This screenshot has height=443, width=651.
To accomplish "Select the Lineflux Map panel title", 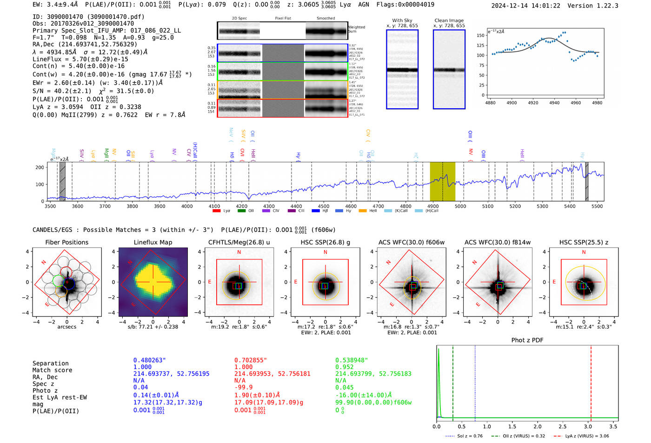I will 153,242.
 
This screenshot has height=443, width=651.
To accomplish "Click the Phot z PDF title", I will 527,340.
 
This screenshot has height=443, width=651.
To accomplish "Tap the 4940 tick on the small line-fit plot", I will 554,103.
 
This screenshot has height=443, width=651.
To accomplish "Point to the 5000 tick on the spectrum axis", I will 460,206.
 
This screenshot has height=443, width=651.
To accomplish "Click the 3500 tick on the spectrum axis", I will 50,206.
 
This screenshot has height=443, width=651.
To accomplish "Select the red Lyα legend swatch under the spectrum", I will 216,211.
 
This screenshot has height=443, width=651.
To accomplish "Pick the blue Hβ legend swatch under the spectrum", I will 316,211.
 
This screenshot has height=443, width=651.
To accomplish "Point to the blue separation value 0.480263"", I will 149,360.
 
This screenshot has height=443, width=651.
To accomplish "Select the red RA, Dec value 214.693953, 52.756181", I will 272,374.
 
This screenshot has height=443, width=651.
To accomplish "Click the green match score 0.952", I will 345,367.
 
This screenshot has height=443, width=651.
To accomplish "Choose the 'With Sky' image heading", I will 402,20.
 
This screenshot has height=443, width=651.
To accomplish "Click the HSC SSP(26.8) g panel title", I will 325,242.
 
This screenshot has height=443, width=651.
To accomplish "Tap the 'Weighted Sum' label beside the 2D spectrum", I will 356,29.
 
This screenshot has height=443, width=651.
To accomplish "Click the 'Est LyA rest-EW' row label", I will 60,397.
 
